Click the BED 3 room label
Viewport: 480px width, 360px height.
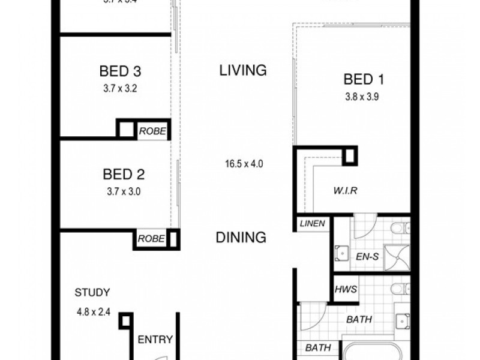tap(120, 72)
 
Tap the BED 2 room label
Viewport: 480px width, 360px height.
tap(124, 175)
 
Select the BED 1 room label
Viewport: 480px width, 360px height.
tap(364, 79)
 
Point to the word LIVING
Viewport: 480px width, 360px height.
tap(242, 70)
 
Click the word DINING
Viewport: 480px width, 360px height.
tap(241, 238)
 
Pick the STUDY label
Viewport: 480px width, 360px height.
tap(92, 293)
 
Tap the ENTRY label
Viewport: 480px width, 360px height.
tap(155, 340)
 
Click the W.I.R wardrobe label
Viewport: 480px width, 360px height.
tap(346, 192)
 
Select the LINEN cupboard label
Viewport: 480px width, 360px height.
tap(312, 224)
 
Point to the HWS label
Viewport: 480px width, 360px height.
tap(346, 289)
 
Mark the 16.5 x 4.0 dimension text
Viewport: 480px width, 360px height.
tap(241, 163)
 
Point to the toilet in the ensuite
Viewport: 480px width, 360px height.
tap(399, 228)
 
